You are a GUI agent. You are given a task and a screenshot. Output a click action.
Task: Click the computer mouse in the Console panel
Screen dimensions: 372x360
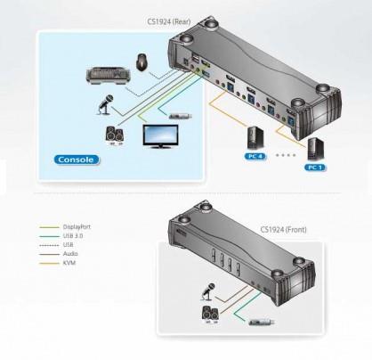pyautogui.click(x=142, y=61)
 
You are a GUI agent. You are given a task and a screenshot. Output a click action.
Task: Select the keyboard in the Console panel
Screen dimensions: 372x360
pyautogui.click(x=107, y=77)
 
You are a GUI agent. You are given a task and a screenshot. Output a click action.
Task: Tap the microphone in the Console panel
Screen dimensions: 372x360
pyautogui.click(x=105, y=104)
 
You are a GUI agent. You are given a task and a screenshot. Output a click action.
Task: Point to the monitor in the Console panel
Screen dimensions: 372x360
pyautogui.click(x=160, y=136)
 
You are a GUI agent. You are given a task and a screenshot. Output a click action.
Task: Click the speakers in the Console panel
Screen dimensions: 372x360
pyautogui.click(x=115, y=135)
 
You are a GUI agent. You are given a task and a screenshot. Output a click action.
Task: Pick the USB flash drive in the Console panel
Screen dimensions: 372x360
pyautogui.click(x=181, y=116)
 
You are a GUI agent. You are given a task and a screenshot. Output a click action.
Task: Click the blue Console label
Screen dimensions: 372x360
pyautogui.click(x=77, y=160)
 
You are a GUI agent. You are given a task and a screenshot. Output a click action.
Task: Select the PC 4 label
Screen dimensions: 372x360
pyautogui.click(x=255, y=156)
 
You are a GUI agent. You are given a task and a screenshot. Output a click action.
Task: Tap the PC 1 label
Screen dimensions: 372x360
pyautogui.click(x=314, y=168)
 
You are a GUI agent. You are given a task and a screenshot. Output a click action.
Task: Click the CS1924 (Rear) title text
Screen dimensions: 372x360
pyautogui.click(x=169, y=21)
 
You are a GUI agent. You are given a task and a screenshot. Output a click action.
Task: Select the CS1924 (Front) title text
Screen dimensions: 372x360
pyautogui.click(x=283, y=229)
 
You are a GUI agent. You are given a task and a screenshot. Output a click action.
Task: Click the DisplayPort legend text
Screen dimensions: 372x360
pyautogui.click(x=77, y=227)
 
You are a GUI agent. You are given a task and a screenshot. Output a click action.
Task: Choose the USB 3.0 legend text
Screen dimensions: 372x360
pyautogui.click(x=73, y=236)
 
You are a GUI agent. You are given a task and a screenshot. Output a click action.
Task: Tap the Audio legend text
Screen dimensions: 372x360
pyautogui.click(x=70, y=254)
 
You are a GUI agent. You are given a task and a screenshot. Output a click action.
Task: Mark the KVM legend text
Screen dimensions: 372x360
pyautogui.click(x=69, y=263)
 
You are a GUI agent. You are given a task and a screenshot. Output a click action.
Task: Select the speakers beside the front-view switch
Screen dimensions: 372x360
pyautogui.click(x=210, y=315)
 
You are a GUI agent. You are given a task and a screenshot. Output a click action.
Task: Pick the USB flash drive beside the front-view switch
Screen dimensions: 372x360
pyautogui.click(x=262, y=322)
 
